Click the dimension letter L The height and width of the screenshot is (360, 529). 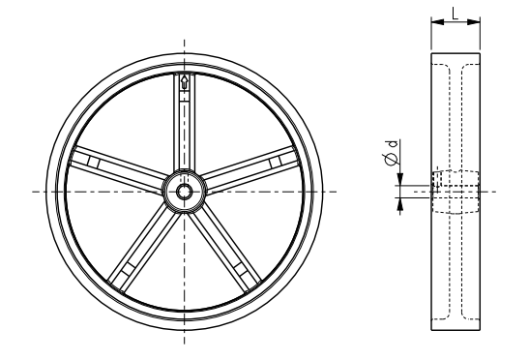456,14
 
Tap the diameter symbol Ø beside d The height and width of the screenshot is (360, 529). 391,159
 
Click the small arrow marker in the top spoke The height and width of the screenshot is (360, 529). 184,82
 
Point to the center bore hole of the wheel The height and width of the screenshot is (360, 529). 184,192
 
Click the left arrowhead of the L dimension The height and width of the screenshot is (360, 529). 437,22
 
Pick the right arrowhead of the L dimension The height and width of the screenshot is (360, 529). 473,22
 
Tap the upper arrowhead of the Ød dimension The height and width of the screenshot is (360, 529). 400,179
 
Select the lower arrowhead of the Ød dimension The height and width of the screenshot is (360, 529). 400,203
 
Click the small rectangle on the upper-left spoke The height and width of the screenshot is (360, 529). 94,162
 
